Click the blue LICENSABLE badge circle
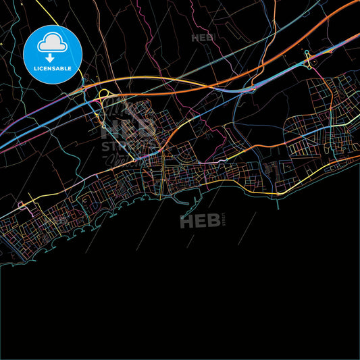[x=53, y=54]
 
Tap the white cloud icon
[x=53, y=43]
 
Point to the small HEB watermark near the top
[x=203, y=38]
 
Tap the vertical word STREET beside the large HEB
[x=225, y=219]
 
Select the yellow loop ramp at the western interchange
[x=105, y=95]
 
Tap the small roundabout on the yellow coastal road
[x=278, y=194]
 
